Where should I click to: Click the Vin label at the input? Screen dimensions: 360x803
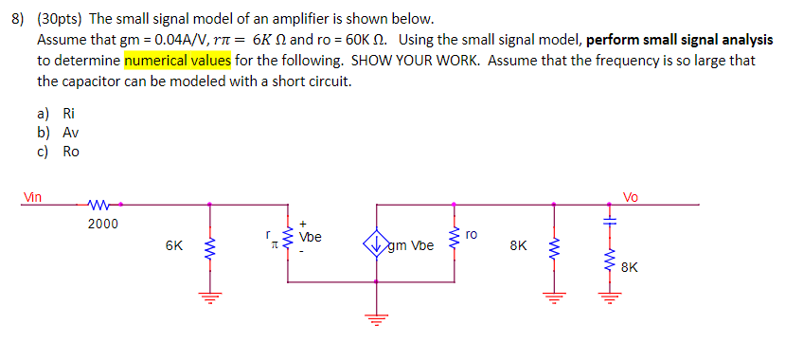click(x=33, y=197)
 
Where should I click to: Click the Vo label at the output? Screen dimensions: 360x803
click(x=631, y=197)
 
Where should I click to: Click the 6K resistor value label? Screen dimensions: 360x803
click(x=174, y=245)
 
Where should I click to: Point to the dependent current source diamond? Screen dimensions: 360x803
click(x=377, y=245)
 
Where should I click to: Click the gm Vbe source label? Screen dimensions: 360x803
click(x=411, y=246)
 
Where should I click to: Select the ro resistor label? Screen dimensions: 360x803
click(x=473, y=232)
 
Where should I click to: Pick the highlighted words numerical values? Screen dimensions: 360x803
click(x=177, y=61)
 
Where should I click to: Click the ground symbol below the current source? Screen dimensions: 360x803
click(x=377, y=320)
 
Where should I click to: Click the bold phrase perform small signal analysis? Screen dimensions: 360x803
click(x=679, y=40)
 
